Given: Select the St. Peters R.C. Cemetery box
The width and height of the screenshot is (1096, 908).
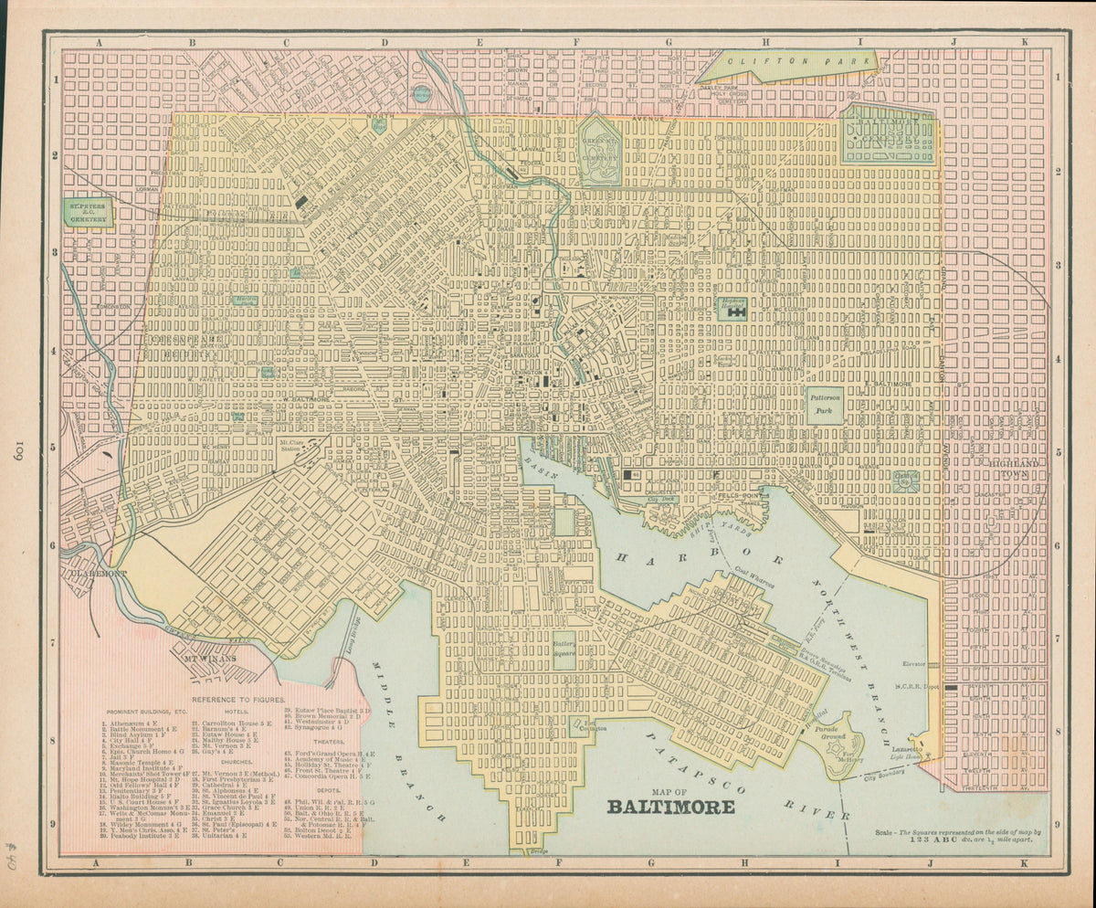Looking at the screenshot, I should (88, 213).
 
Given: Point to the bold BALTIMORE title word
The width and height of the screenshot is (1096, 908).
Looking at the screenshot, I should (671, 808).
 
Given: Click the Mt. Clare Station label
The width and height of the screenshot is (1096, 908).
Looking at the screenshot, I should (291, 445).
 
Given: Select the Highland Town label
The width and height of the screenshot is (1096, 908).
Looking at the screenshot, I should (1017, 469).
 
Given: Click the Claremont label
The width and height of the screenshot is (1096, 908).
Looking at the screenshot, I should (94, 574).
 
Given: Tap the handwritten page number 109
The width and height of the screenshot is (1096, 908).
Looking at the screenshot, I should (19, 449).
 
